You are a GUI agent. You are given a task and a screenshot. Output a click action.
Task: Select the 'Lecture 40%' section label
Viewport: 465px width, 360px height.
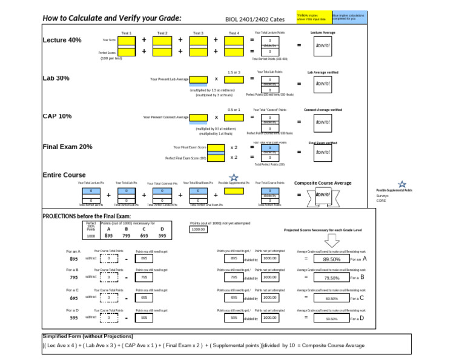(62, 40)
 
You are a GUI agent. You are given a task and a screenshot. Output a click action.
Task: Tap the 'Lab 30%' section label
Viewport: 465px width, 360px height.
(56, 78)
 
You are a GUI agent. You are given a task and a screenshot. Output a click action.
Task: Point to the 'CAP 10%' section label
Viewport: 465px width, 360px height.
(57, 116)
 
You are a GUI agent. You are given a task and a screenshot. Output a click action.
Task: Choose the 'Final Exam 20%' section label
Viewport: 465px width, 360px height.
(67, 147)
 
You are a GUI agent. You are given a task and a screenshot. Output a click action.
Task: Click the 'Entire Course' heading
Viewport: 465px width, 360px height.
(64, 175)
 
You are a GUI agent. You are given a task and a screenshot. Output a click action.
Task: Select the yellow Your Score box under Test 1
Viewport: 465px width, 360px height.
(127, 41)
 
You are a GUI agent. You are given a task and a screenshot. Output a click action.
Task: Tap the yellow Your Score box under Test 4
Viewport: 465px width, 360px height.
(234, 41)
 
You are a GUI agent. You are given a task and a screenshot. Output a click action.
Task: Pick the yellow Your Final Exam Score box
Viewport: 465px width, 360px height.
(216, 147)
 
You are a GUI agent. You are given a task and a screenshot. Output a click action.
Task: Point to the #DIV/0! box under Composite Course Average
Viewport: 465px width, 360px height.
(323, 195)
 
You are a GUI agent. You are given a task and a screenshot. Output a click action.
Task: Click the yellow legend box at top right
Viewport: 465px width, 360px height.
(314, 18)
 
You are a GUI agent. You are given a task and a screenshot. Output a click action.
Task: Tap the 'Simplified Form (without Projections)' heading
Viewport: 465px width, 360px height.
(88, 336)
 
